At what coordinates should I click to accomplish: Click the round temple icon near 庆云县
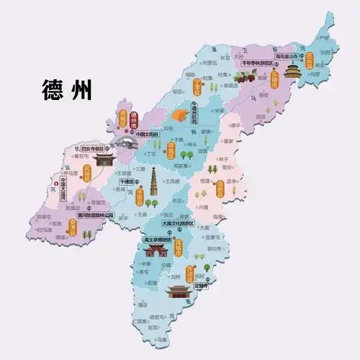click(292, 71)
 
